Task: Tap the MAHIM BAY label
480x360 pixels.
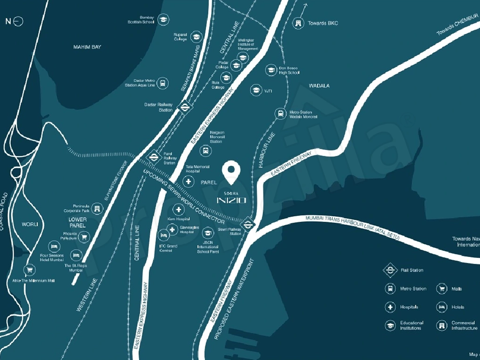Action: pos(87,47)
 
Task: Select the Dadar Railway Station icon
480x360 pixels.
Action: pos(185,107)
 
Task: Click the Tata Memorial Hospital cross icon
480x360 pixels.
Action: pos(188,181)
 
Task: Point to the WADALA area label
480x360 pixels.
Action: pos(319,86)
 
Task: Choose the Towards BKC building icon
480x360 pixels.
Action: pos(298,23)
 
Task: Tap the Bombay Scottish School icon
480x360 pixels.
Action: pos(163,20)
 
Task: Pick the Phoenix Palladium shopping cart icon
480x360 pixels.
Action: pos(84,237)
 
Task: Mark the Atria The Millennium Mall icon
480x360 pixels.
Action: pos(30,270)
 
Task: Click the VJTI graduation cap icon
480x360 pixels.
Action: pos(255,90)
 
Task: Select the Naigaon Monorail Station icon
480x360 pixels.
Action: pos(205,150)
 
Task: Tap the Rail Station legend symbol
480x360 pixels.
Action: pos(390,270)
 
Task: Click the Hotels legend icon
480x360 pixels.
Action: pos(442,307)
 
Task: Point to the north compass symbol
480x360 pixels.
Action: pos(18,22)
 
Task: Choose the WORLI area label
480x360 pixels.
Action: pos(30,225)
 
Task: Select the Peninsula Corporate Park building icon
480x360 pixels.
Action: pos(97,208)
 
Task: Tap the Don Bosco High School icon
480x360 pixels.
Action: pos(271,70)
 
